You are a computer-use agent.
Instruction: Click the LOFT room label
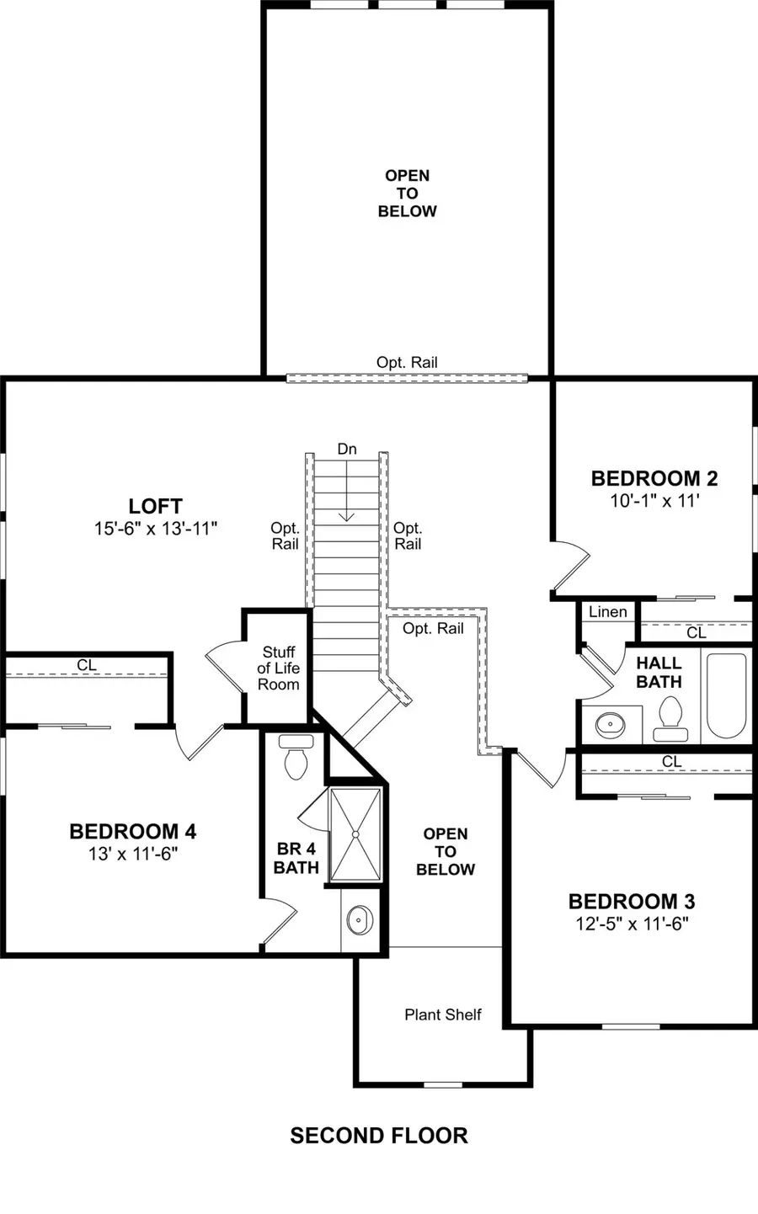pyautogui.click(x=156, y=506)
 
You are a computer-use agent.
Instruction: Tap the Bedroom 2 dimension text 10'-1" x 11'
pyautogui.click(x=654, y=500)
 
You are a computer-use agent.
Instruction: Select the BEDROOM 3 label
pyautogui.click(x=632, y=902)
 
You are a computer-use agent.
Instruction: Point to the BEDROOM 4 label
pyautogui.click(x=133, y=832)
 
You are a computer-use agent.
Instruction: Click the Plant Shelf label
pyautogui.click(x=443, y=1014)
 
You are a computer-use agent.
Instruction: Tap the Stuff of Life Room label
pyautogui.click(x=279, y=668)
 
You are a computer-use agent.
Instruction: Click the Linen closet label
pyautogui.click(x=608, y=612)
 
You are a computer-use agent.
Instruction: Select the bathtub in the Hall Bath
pyautogui.click(x=727, y=695)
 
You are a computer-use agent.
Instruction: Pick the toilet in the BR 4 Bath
pyautogui.click(x=296, y=757)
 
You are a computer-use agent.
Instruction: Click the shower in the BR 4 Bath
pyautogui.click(x=355, y=834)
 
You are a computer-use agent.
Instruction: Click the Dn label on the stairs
pyautogui.click(x=347, y=450)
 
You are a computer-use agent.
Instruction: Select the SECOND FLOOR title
pyautogui.click(x=379, y=1136)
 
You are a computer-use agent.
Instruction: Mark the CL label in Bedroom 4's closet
pyautogui.click(x=87, y=665)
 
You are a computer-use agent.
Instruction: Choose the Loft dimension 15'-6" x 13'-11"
pyautogui.click(x=156, y=529)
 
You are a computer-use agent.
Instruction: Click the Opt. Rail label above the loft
pyautogui.click(x=407, y=363)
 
